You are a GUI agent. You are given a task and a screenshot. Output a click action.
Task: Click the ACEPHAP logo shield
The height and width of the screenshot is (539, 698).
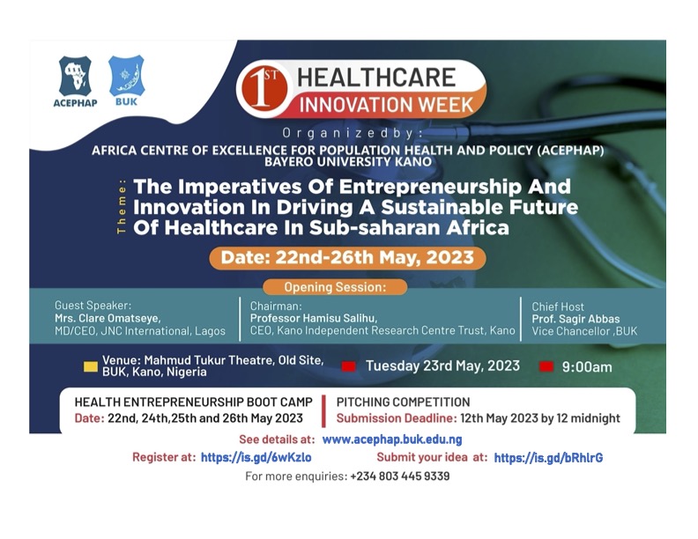(x=75, y=76)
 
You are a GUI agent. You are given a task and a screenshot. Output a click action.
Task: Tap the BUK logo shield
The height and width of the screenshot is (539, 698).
(x=127, y=75)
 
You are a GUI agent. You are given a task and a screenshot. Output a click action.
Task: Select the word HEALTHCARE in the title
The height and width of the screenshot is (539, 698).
(x=376, y=78)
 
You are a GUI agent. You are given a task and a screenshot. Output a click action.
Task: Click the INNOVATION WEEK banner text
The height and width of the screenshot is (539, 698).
(x=386, y=105)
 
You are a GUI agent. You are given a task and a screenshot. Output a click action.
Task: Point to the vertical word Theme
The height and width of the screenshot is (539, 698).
(x=122, y=206)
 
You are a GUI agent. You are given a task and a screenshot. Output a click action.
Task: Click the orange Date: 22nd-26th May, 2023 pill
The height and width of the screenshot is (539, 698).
(x=347, y=258)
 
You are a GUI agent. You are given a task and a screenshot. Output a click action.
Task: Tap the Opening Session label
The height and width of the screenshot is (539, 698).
(x=335, y=287)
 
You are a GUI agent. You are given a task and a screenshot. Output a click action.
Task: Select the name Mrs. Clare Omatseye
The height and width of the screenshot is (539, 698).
(x=108, y=319)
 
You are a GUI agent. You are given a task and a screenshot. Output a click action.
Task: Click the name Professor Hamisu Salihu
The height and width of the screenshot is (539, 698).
(x=314, y=318)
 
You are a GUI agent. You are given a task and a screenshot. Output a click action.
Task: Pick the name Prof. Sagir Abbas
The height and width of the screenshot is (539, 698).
(x=575, y=319)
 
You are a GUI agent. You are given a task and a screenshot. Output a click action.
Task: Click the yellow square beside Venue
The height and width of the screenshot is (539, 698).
(x=91, y=366)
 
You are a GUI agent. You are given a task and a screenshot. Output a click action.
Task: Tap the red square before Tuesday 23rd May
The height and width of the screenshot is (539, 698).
(x=348, y=366)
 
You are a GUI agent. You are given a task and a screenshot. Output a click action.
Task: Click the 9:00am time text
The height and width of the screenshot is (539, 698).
(x=587, y=367)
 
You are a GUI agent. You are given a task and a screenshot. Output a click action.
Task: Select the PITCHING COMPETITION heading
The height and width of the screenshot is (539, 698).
(x=403, y=402)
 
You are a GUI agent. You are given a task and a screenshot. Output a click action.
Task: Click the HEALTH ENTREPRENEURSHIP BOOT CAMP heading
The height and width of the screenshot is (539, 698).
(x=194, y=402)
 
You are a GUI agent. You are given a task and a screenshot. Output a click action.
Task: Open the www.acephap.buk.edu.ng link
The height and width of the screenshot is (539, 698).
(x=392, y=439)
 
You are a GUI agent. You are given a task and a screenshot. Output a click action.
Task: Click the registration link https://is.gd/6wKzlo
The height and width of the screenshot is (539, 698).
(x=256, y=457)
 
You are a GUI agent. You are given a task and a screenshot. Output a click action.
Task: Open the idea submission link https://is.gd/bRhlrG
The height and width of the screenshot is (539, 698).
(x=548, y=458)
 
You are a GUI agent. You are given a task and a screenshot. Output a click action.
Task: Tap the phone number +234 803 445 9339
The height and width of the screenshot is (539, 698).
(x=400, y=476)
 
